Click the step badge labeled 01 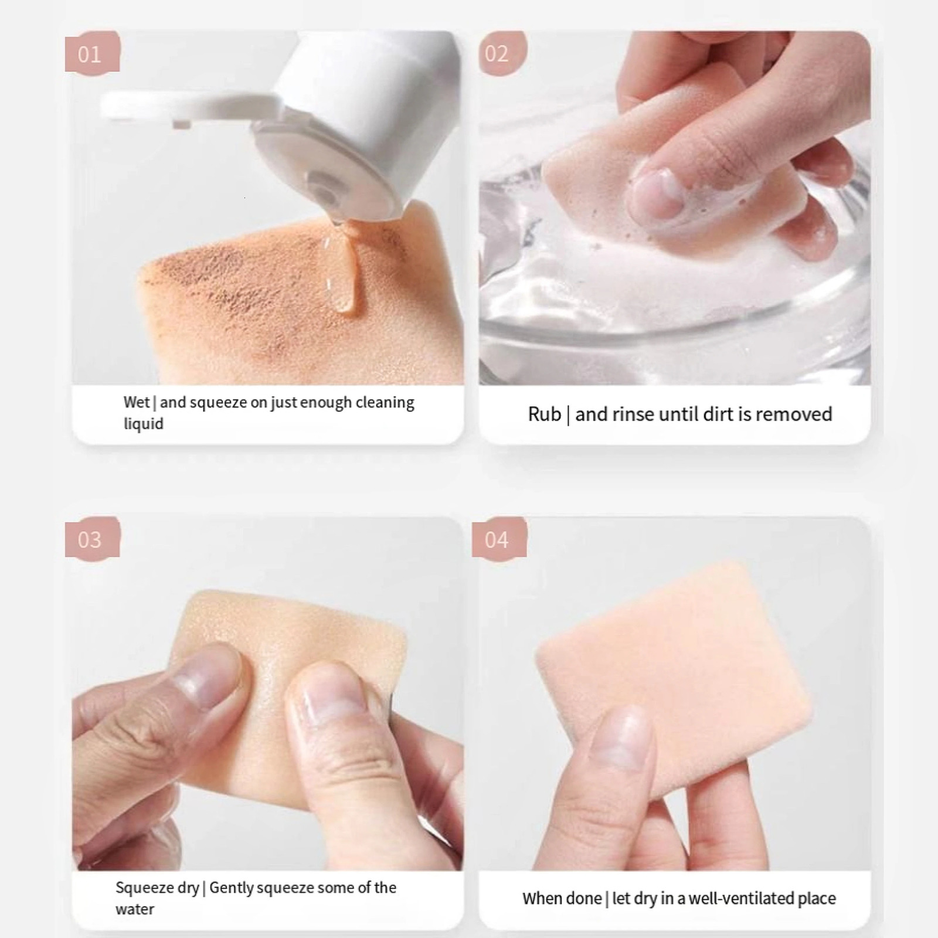(91, 54)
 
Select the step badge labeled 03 (91, 539)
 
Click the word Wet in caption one (137, 402)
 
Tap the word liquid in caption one (143, 424)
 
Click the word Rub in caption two (544, 414)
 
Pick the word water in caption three (135, 909)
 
